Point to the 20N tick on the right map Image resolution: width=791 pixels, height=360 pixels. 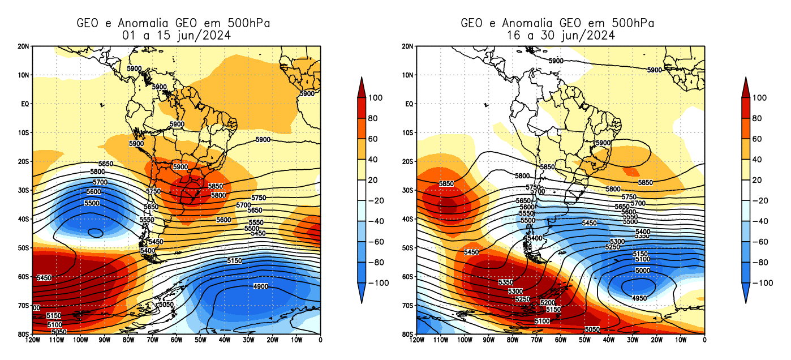tap(406, 46)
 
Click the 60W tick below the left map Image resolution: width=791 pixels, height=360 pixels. tap(176, 340)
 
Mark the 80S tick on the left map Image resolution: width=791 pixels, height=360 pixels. tap(24, 334)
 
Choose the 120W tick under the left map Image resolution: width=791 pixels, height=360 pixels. tap(32, 340)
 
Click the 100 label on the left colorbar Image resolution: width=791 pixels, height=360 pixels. tap(376, 98)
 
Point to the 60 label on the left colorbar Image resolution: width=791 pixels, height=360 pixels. tap(373, 139)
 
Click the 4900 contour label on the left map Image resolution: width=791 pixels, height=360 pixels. tap(260, 287)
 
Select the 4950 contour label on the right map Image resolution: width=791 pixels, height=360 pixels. tap(639, 298)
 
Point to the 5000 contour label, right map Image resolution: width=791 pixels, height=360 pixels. tap(642, 271)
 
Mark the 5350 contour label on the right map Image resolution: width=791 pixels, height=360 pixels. tap(505, 282)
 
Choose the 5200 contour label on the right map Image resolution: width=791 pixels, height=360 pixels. tap(548, 303)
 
